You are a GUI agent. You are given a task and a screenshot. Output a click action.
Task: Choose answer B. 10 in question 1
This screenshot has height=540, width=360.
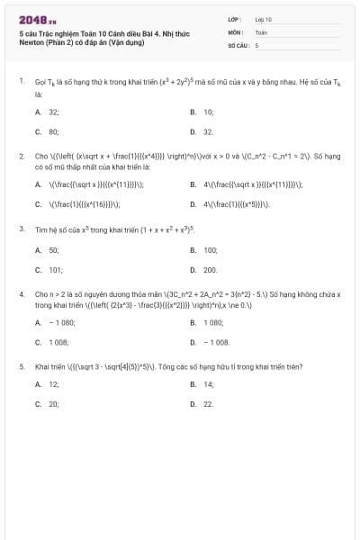click(x=203, y=112)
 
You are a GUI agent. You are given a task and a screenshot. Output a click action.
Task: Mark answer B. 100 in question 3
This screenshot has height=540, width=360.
click(x=205, y=249)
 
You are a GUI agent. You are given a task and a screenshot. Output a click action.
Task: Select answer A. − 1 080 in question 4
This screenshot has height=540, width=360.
click(x=55, y=322)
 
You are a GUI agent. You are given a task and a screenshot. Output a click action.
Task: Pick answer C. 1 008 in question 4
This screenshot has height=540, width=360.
click(x=51, y=342)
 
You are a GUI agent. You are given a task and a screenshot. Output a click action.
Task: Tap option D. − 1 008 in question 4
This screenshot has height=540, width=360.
click(x=211, y=342)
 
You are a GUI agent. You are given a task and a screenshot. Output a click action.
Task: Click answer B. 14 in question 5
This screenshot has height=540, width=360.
click(x=203, y=384)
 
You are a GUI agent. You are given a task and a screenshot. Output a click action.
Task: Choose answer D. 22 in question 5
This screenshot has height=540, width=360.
click(x=203, y=404)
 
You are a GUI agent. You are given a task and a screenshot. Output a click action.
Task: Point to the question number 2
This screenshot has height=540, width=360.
click(x=21, y=155)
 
